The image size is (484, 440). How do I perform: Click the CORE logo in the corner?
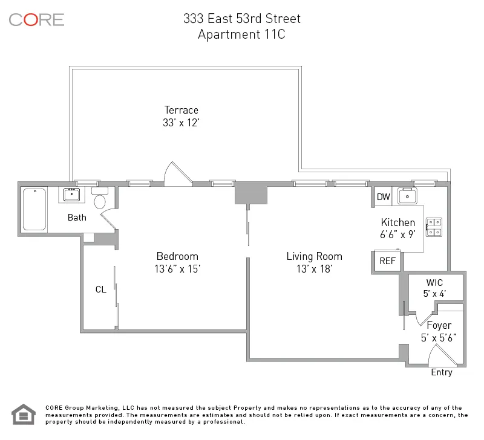point(36,19)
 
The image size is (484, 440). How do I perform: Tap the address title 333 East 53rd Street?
point(241,19)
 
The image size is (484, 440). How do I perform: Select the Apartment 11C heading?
point(241,34)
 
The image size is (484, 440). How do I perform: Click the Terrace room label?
point(181,110)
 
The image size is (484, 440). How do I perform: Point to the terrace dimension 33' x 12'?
point(181,122)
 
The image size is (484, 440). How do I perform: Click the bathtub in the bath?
point(35,209)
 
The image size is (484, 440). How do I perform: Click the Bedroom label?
point(177,256)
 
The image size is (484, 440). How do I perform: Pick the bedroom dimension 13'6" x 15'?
point(177,269)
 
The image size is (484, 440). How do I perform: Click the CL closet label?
point(100,290)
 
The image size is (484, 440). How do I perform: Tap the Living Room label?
point(314,256)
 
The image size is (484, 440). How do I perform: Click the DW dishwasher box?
point(384,197)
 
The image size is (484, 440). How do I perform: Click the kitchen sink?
point(408,196)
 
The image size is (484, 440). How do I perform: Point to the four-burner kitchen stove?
point(434,226)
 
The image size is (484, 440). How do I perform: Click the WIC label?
point(434,282)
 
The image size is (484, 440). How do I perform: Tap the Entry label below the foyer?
point(441,372)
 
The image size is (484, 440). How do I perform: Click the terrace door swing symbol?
point(178,173)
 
